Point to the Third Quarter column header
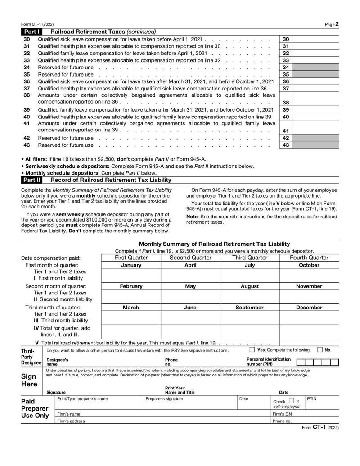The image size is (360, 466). (x=250, y=258)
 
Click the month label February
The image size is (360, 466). (x=131, y=286)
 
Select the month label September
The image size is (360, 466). (x=250, y=308)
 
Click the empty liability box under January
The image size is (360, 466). (x=131, y=275)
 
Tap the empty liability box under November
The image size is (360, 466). (x=309, y=296)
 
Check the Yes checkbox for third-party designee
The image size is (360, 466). (x=252, y=350)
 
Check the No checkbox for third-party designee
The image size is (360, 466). (x=320, y=350)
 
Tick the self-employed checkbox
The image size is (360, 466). (x=291, y=401)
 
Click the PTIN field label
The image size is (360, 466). (x=312, y=399)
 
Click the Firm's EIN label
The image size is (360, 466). (x=282, y=414)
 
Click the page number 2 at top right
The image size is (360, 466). (x=337, y=24)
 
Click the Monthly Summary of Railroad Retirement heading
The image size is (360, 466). (x=214, y=244)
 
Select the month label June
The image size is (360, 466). (x=190, y=308)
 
